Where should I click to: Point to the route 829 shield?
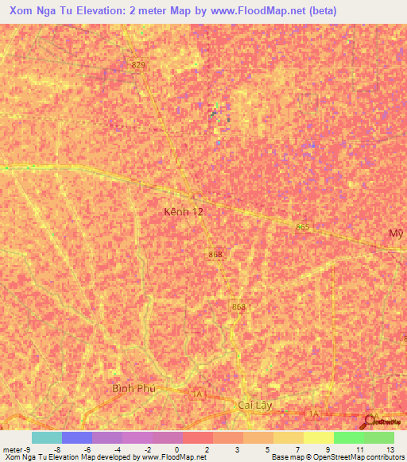pos(139,64)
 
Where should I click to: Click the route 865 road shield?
pos(301,227)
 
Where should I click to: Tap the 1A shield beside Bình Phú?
pos(196,393)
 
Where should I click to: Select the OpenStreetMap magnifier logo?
pos(370,422)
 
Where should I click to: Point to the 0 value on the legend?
pos(176,449)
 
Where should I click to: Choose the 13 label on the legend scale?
pos(390,449)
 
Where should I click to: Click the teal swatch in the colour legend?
pos(46,437)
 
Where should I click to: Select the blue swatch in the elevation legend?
pos(76,437)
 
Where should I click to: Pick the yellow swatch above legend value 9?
pos(318,437)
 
